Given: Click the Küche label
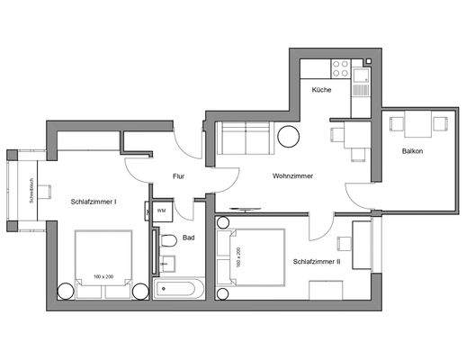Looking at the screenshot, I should [321, 91].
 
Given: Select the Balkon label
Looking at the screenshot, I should [413, 150].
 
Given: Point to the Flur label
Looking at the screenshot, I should [178, 176].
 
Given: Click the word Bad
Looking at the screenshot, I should [189, 238].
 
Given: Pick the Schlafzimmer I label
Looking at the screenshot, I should [93, 202].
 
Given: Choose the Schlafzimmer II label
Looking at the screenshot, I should [316, 262].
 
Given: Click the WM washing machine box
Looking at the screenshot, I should [161, 211].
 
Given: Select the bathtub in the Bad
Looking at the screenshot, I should [181, 290].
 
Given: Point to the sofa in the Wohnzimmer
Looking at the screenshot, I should [246, 139].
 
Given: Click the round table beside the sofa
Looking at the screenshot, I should [290, 138].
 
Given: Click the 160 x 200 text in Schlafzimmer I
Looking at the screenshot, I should [102, 276].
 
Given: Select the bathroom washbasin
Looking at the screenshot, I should [167, 265].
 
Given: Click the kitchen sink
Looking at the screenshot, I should [361, 83].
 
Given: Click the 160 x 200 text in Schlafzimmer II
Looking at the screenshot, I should [237, 259].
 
